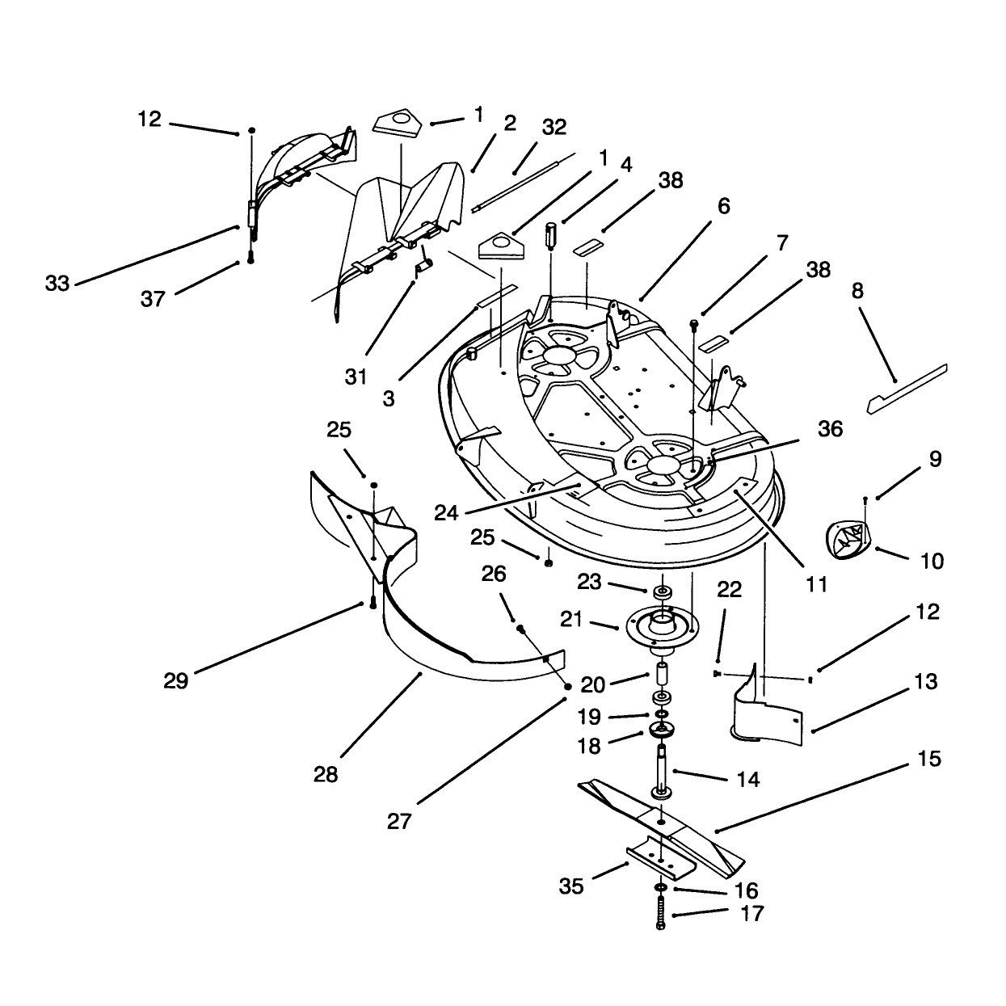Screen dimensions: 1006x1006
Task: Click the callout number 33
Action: pos(57,284)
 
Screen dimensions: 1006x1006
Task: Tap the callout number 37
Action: pos(153,299)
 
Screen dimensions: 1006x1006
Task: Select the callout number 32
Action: pos(554,127)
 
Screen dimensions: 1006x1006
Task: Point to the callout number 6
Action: pos(723,206)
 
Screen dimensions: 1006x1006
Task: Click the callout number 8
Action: pos(857,291)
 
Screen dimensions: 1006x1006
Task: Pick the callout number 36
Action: pos(830,428)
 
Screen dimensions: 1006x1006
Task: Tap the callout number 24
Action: pos(446,513)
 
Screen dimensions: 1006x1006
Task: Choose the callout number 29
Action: pos(176,681)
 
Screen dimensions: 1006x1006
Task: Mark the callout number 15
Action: pos(929,759)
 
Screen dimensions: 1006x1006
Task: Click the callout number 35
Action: pos(571,886)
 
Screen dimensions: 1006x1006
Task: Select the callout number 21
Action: pos(571,620)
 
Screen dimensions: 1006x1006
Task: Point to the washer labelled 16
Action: pos(660,888)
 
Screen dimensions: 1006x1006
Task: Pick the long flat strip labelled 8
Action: pos(907,389)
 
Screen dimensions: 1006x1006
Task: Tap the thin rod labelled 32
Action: pos(523,182)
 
